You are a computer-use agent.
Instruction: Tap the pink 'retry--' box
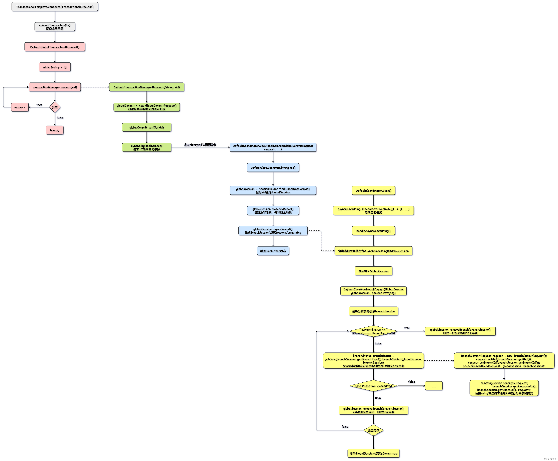click(x=20, y=107)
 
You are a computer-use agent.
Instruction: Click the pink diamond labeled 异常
click(x=55, y=107)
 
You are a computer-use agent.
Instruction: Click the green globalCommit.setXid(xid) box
click(x=147, y=127)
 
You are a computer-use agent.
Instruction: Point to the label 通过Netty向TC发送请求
click(x=200, y=145)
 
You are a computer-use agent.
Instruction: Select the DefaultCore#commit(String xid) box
click(x=273, y=168)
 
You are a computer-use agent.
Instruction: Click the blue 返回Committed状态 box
click(x=273, y=251)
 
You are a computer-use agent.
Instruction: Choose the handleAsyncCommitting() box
click(x=373, y=231)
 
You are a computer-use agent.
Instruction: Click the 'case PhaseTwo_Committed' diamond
click(x=373, y=386)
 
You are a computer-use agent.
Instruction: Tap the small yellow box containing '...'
click(x=433, y=386)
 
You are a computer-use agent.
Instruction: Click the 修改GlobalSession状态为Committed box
click(x=373, y=453)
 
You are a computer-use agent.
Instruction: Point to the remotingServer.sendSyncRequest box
click(x=504, y=388)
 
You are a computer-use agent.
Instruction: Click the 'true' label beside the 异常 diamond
click(x=39, y=105)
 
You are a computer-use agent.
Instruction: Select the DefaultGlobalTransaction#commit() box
click(x=55, y=47)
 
